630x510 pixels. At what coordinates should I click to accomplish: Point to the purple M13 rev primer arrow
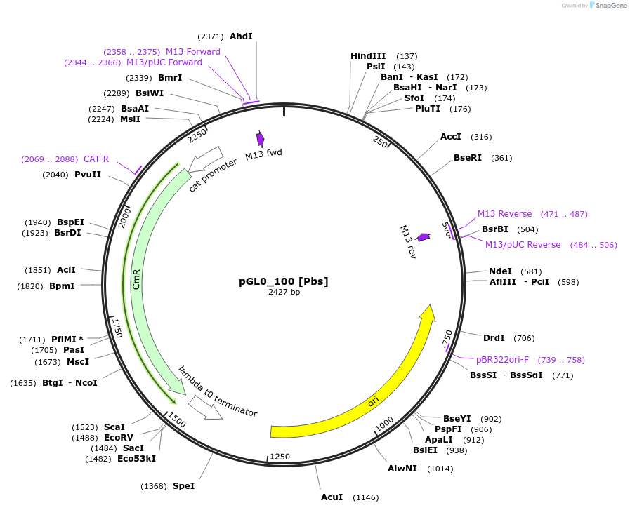click(x=424, y=238)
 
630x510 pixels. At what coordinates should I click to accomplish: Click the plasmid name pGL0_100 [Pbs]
click(x=284, y=281)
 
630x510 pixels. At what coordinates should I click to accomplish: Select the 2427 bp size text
click(x=284, y=292)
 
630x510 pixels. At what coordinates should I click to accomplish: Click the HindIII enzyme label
click(x=369, y=56)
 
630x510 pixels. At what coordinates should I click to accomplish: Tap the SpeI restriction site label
click(x=183, y=485)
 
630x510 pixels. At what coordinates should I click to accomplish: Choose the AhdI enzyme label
click(x=241, y=36)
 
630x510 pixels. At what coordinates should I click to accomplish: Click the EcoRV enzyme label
click(x=119, y=437)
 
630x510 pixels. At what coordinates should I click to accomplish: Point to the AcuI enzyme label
click(x=332, y=497)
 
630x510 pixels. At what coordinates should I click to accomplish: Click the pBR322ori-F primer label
click(x=502, y=360)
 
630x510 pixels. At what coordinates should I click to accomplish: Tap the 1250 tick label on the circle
click(x=280, y=457)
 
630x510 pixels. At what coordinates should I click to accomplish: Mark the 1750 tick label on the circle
click(x=117, y=327)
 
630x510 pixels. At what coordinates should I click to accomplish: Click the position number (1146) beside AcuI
click(x=365, y=497)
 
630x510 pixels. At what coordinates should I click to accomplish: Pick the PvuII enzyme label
click(x=88, y=175)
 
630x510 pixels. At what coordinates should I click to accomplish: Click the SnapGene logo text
click(x=609, y=5)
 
